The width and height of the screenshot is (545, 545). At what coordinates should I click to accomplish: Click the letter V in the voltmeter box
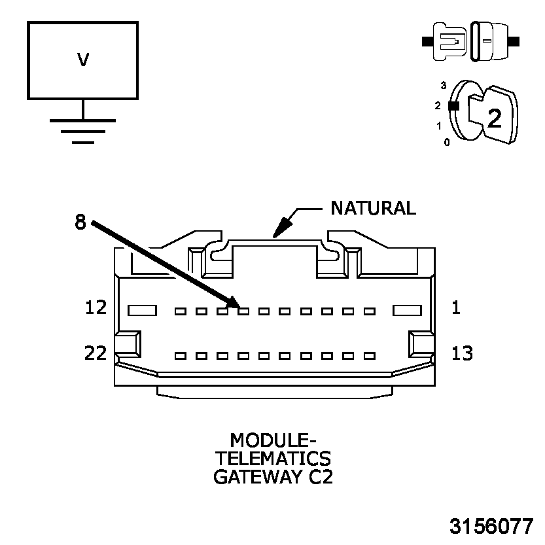click(x=82, y=60)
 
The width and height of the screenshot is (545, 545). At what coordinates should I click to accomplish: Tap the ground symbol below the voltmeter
click(x=82, y=130)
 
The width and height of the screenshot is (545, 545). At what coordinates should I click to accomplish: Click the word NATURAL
click(x=373, y=208)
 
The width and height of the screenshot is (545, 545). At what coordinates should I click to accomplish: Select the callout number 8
click(x=80, y=222)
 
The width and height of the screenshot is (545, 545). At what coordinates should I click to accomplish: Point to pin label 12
click(x=96, y=308)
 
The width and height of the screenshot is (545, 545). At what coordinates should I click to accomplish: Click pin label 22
click(x=96, y=353)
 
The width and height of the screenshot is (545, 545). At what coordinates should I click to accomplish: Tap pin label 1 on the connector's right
click(x=455, y=308)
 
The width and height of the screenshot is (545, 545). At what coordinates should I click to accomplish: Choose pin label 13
click(x=463, y=353)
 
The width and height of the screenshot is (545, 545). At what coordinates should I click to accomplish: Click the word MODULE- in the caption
click(x=272, y=439)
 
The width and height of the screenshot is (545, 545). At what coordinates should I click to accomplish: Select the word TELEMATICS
click(x=272, y=457)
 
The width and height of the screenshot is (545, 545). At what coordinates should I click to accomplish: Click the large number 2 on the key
click(x=495, y=118)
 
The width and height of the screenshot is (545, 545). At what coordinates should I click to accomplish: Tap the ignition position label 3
click(x=444, y=86)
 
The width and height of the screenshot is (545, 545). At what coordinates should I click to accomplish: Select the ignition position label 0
click(x=447, y=141)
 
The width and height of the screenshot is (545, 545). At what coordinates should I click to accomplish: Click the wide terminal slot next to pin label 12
click(x=141, y=310)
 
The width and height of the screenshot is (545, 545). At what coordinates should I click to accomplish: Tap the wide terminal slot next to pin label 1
click(x=406, y=310)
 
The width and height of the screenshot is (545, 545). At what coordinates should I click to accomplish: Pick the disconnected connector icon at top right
click(x=471, y=41)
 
